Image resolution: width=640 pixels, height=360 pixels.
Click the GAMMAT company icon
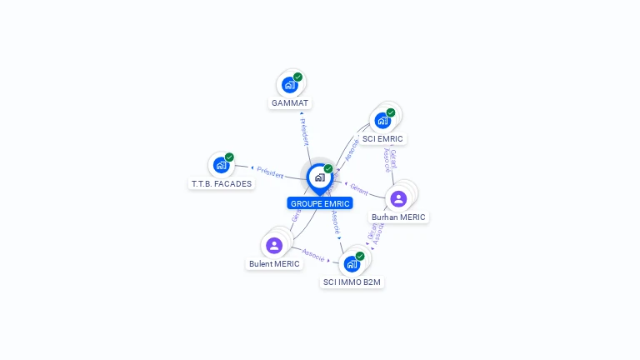[289, 85]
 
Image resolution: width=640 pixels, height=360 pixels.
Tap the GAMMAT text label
[290, 103]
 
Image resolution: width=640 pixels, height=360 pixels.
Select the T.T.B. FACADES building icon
[221, 165]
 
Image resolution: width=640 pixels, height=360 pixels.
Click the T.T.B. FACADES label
[222, 183]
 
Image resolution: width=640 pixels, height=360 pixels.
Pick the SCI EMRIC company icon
[382, 121]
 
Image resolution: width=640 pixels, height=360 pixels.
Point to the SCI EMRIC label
[382, 139]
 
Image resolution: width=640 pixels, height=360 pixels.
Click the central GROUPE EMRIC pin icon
[319, 177]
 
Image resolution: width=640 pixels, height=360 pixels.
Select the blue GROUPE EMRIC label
[320, 203]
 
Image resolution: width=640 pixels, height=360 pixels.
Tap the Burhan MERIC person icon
[398, 198]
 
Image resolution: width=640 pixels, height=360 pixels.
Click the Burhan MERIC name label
[398, 217]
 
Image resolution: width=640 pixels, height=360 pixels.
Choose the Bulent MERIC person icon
[274, 245]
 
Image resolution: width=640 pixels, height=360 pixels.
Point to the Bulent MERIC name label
[274, 264]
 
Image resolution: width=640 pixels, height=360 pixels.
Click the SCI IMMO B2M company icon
[352, 264]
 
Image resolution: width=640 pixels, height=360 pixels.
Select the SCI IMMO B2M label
[352, 282]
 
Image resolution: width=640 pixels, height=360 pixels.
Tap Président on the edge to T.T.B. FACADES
[270, 171]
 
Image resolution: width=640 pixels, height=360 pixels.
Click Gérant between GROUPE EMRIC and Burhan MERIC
[359, 187]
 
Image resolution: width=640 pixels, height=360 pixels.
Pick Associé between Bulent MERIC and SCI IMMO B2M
[312, 253]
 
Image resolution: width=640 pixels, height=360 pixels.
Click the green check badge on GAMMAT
[297, 77]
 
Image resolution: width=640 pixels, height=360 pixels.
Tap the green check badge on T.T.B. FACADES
[229, 157]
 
